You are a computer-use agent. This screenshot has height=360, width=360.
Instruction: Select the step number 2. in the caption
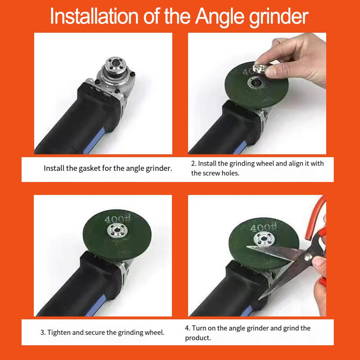[x=193, y=164]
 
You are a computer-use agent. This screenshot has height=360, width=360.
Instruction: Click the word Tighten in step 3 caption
[x=59, y=332]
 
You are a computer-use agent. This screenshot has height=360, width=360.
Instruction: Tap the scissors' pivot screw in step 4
[x=308, y=257]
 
